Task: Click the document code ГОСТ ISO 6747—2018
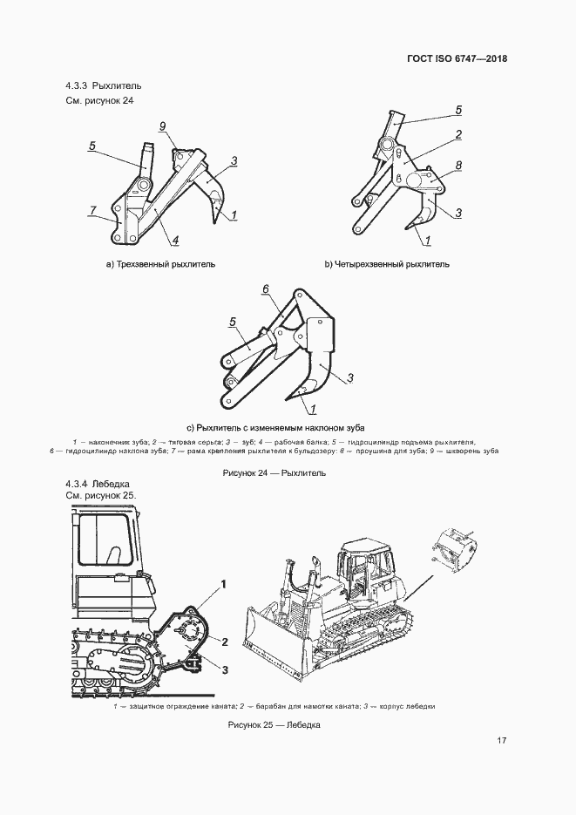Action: (x=457, y=59)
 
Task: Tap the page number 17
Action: (x=502, y=741)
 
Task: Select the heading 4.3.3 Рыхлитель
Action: (x=103, y=86)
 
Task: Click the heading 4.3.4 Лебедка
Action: (x=98, y=483)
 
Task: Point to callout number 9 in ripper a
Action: (x=162, y=126)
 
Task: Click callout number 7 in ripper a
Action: (x=91, y=211)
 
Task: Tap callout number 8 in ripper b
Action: (x=457, y=164)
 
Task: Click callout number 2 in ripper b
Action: (x=457, y=135)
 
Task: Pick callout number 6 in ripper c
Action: (x=266, y=289)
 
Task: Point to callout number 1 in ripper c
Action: (x=312, y=408)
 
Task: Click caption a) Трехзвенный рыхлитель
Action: (x=160, y=263)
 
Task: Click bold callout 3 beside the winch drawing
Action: (x=224, y=669)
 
